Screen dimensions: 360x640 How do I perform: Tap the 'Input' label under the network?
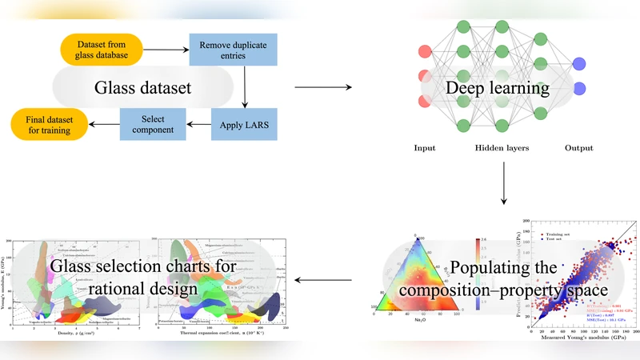tap(425, 148)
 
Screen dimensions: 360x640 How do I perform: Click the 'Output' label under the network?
tap(578, 148)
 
